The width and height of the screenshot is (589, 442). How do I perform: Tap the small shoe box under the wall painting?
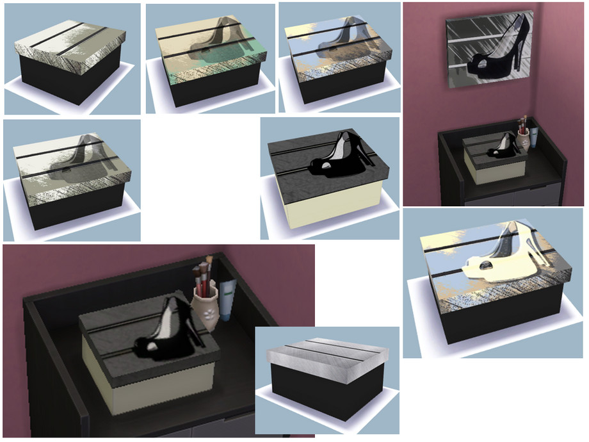495,158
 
